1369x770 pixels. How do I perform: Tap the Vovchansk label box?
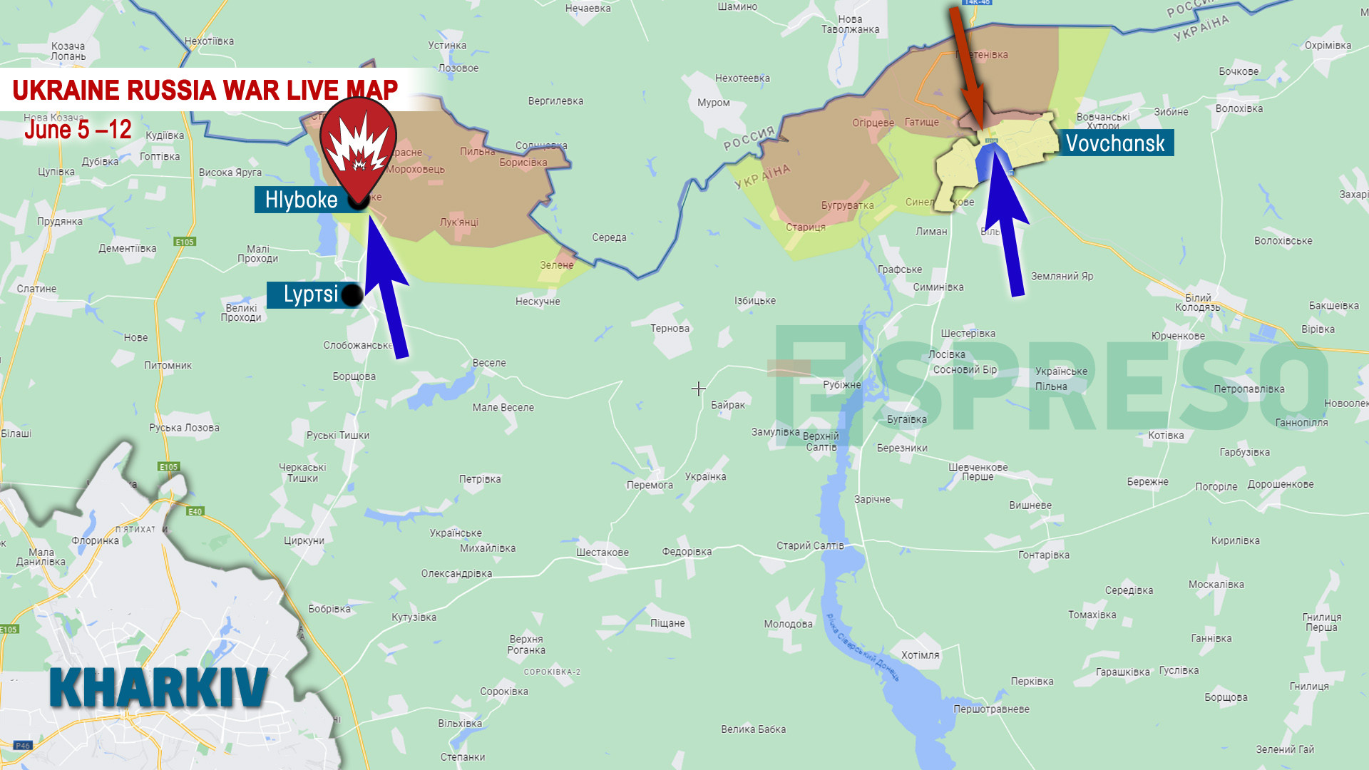point(1114,143)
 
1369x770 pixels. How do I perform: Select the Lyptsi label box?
point(310,294)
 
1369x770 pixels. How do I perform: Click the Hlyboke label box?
point(301,200)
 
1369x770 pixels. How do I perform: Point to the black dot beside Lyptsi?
point(352,295)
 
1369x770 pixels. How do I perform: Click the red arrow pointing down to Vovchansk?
point(968,68)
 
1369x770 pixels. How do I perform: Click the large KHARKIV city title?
point(159,688)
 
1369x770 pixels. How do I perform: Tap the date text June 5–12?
point(78,130)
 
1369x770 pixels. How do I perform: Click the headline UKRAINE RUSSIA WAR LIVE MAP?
point(205,91)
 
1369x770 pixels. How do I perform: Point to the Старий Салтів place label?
point(810,545)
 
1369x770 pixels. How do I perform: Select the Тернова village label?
point(670,329)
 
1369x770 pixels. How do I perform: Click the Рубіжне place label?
point(842,385)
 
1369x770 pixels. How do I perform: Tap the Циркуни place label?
point(304,540)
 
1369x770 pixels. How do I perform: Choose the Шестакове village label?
point(603,553)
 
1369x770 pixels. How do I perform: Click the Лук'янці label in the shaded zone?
point(459,222)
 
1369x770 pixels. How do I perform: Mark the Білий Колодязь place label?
point(1198,302)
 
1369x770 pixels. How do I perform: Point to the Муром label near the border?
point(714,103)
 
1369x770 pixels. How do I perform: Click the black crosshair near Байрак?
point(699,389)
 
